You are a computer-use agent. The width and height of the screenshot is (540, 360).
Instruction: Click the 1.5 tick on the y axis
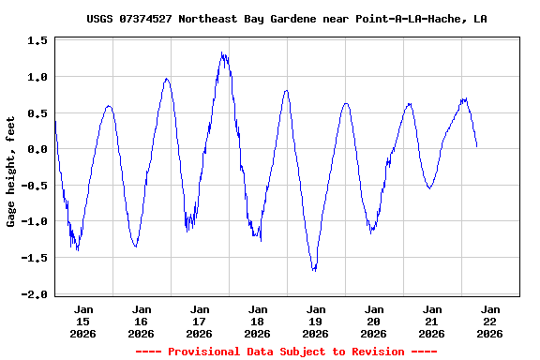[38, 40]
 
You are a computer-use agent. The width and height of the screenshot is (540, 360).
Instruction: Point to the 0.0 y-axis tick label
[38, 149]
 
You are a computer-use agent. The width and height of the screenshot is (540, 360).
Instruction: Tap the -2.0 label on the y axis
[36, 294]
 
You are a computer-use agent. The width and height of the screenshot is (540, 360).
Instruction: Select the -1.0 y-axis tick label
[36, 221]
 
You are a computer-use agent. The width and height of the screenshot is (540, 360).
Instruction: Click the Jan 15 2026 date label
[83, 321]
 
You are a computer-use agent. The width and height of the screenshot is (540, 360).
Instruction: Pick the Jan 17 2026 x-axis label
[200, 321]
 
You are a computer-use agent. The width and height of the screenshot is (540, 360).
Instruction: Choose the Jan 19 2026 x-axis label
[316, 321]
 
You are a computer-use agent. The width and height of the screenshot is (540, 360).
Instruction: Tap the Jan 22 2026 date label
[489, 321]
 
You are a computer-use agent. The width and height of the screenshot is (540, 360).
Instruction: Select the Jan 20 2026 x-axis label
[374, 321]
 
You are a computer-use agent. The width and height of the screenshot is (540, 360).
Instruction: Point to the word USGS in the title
[100, 19]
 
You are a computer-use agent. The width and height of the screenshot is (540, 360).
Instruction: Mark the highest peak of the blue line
[222, 52]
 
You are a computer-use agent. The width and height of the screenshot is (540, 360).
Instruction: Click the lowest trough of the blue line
[314, 271]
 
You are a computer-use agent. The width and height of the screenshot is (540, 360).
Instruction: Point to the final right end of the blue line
[476, 146]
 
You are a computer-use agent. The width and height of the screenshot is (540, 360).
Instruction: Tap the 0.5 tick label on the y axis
[38, 112]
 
